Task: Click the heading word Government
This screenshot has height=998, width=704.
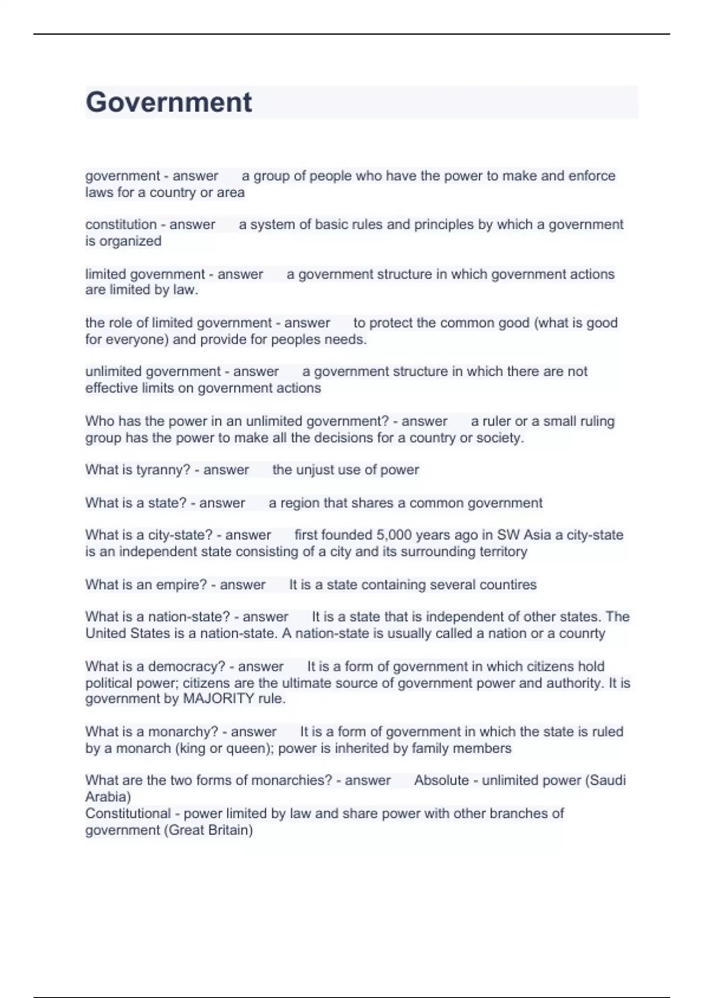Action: tap(169, 102)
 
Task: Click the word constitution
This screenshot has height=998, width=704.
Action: tap(121, 224)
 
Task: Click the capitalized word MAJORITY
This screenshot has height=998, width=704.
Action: tap(219, 699)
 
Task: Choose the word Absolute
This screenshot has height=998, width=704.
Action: tap(441, 780)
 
